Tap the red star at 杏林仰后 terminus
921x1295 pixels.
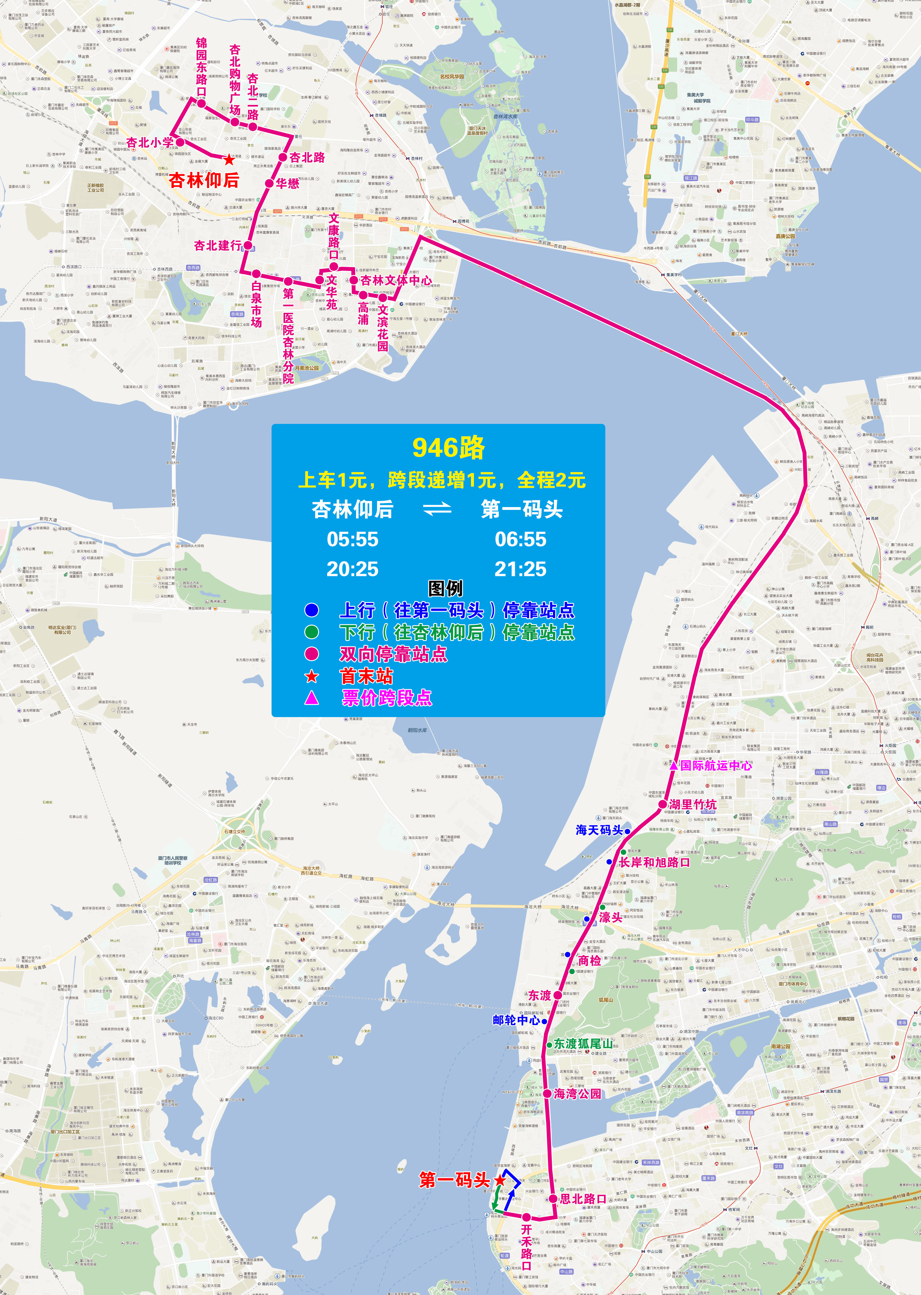click(x=229, y=160)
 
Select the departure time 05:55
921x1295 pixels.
click(x=352, y=539)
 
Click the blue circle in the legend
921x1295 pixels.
click(x=311, y=610)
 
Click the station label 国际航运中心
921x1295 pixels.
click(x=716, y=765)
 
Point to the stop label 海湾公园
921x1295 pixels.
click(x=577, y=1094)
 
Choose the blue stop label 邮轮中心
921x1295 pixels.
click(x=516, y=1004)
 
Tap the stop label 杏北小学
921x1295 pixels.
click(x=150, y=142)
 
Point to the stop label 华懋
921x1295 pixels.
click(x=287, y=183)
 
